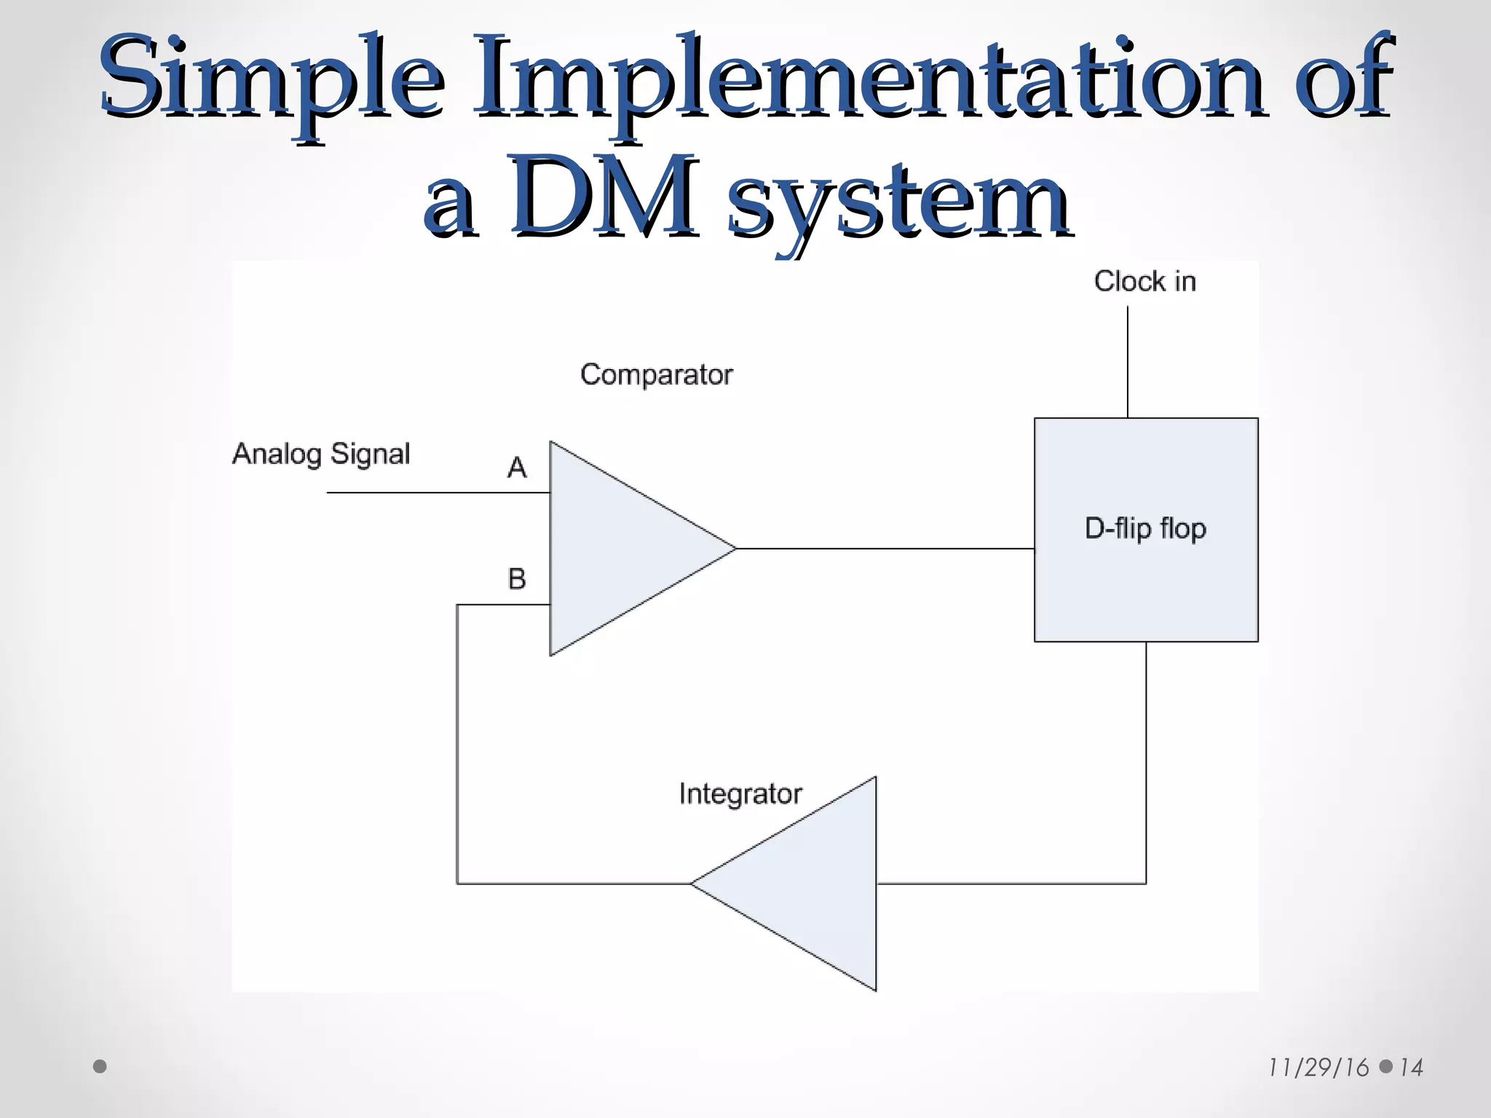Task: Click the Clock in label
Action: pyautogui.click(x=1144, y=281)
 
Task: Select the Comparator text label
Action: pyautogui.click(x=656, y=375)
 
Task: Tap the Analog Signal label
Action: pyautogui.click(x=321, y=453)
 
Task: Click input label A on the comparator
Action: pyautogui.click(x=516, y=467)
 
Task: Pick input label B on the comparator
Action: pyautogui.click(x=516, y=579)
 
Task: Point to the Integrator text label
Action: pyautogui.click(x=740, y=793)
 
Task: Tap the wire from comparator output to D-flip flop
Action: pyautogui.click(x=885, y=548)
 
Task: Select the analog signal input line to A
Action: pyautogui.click(x=437, y=493)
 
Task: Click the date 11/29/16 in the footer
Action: pyautogui.click(x=1318, y=1068)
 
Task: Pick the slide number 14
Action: pyautogui.click(x=1411, y=1068)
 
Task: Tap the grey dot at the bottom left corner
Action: pyautogui.click(x=100, y=1066)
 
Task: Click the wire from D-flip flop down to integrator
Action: pyautogui.click(x=1146, y=764)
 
